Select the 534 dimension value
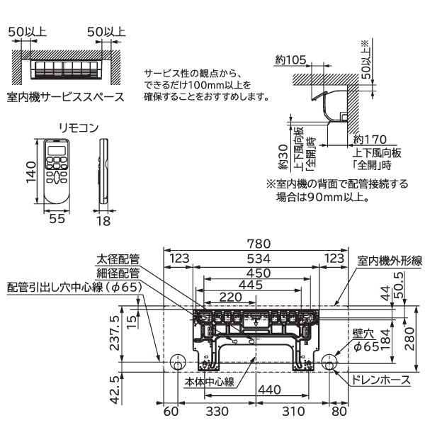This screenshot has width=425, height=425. pyautogui.click(x=255, y=258)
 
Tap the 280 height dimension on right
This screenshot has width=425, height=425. pyautogui.click(x=412, y=339)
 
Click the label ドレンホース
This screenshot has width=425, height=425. pyautogui.click(x=381, y=380)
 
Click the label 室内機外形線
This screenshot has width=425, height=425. pyautogui.click(x=389, y=261)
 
